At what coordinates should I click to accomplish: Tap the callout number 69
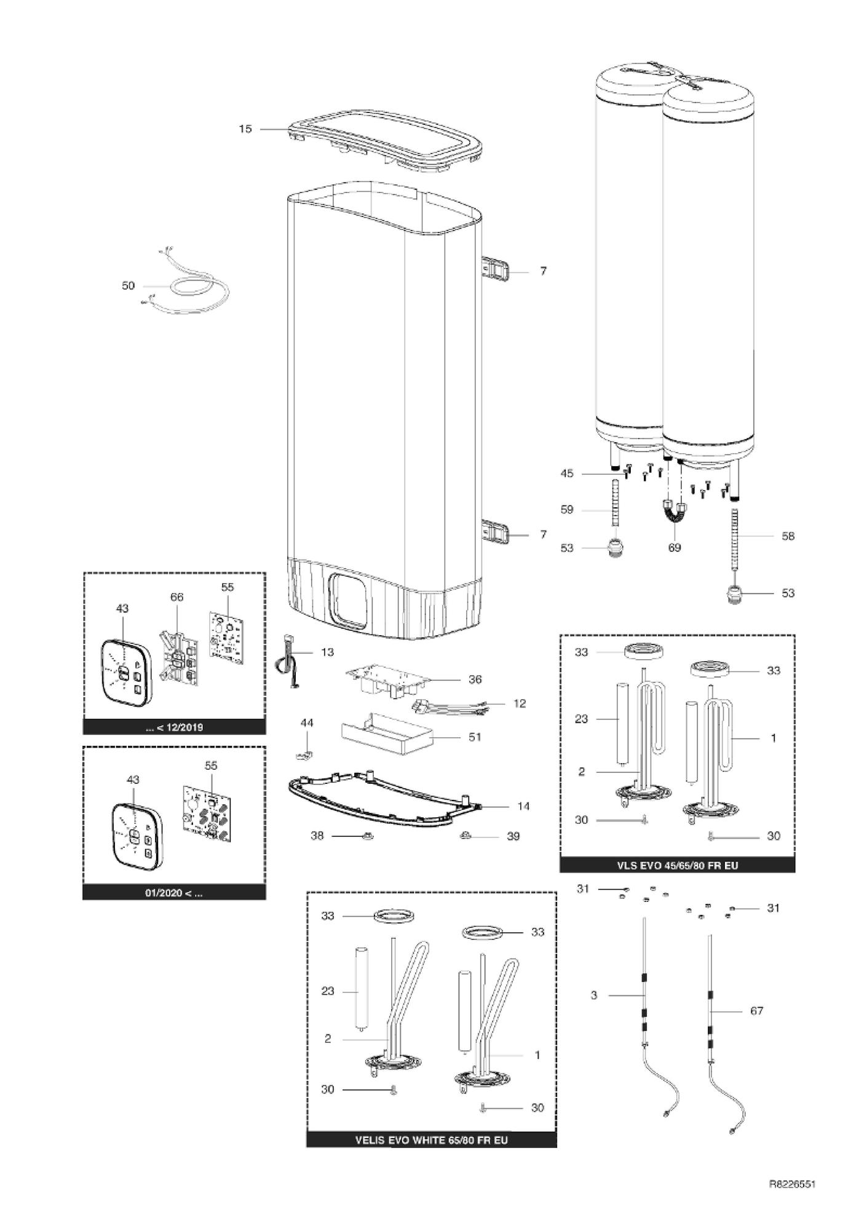click(675, 547)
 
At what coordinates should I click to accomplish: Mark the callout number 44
click(306, 722)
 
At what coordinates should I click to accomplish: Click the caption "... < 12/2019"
click(175, 727)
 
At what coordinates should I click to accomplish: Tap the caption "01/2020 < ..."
click(174, 893)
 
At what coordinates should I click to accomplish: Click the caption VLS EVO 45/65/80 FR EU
click(677, 865)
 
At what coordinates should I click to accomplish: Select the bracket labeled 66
click(178, 658)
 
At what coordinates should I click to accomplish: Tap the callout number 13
click(328, 652)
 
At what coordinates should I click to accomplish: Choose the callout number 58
click(788, 536)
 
